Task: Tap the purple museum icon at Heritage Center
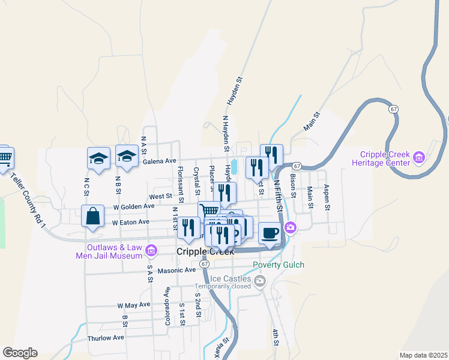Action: coord(419,158)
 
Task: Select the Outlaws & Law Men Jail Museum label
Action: coord(113,251)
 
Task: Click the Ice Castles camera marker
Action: coord(260,281)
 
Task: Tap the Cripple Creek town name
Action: coord(205,251)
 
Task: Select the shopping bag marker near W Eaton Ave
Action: coord(93,217)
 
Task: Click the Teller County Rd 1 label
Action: coord(28,200)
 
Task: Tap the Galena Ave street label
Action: coord(160,161)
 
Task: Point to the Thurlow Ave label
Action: coord(106,338)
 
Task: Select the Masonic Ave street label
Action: coord(176,271)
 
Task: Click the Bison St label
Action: coord(293,185)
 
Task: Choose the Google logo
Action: coord(20,353)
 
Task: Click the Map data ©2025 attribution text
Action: coord(423,355)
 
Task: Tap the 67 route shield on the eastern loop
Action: coord(393,109)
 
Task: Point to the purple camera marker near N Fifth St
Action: coord(291,227)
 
